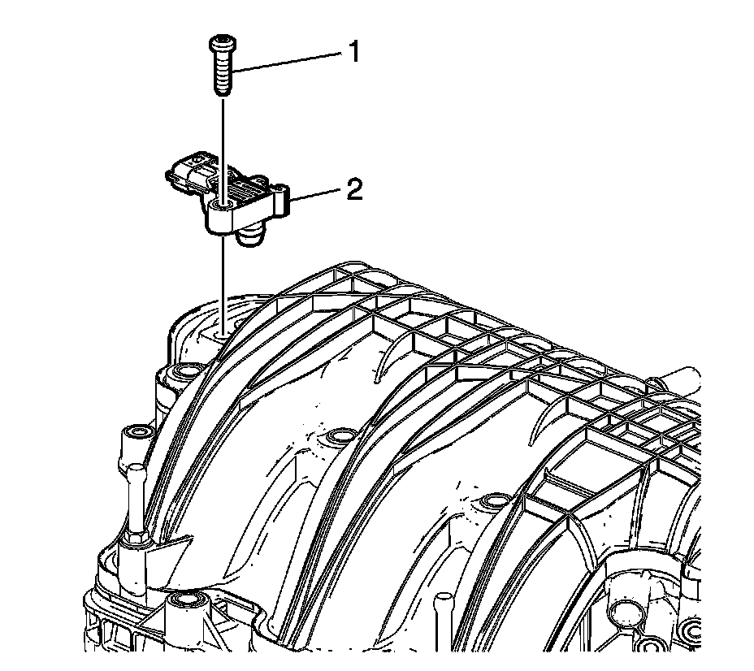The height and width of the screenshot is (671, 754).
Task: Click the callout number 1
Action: pos(354,51)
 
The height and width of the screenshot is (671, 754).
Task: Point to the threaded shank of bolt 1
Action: pos(222,72)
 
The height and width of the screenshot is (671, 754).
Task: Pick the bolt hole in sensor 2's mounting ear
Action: pos(222,206)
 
